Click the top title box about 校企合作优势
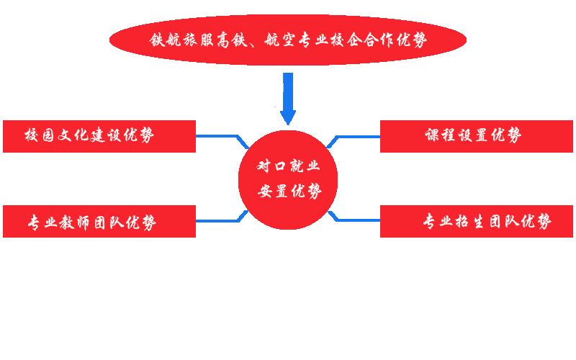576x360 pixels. tap(288, 40)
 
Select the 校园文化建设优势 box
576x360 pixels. tap(99, 136)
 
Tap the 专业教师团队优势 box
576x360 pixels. tap(99, 221)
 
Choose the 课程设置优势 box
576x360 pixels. tap(476, 136)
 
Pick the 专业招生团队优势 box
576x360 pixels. tap(476, 221)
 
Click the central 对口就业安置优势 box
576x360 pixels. tap(288, 180)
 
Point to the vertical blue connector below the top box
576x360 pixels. tap(288, 99)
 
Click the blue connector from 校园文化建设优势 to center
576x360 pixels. tap(220, 142)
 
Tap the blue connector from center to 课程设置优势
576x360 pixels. tap(353, 141)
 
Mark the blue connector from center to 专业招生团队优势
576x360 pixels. tap(353, 216)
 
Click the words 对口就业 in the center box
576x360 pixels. tap(289, 166)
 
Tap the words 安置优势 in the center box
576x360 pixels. tap(289, 192)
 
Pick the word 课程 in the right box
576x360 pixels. tap(440, 135)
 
